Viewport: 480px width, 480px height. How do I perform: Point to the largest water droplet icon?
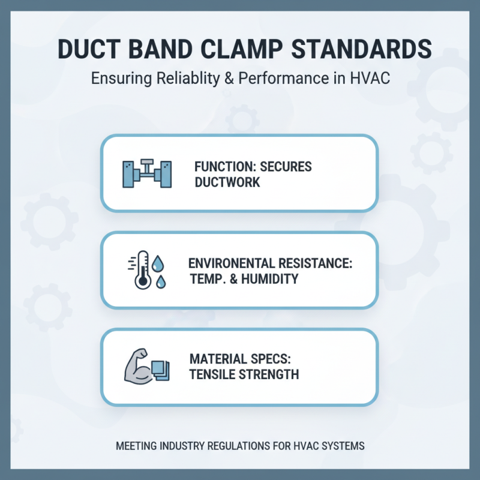coord(158,263)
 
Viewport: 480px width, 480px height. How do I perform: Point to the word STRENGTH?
coord(271,375)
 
